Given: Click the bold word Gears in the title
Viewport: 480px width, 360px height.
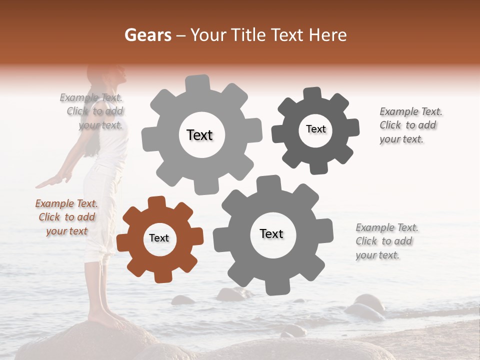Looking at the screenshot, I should [x=147, y=35].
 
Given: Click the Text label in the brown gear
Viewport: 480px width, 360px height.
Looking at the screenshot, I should [x=159, y=238].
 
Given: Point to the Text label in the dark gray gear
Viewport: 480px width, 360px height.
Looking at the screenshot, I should [x=315, y=129].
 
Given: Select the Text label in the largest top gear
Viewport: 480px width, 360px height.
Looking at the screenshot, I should [x=199, y=135].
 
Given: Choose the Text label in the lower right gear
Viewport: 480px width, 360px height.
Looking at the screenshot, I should [x=271, y=234].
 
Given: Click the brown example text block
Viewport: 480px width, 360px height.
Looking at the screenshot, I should [x=67, y=217].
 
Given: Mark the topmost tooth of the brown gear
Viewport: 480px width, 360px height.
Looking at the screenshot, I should [x=157, y=202].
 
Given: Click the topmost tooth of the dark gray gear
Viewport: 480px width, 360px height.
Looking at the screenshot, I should [x=312, y=93].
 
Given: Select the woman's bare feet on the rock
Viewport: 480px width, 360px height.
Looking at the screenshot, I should [x=102, y=316].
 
